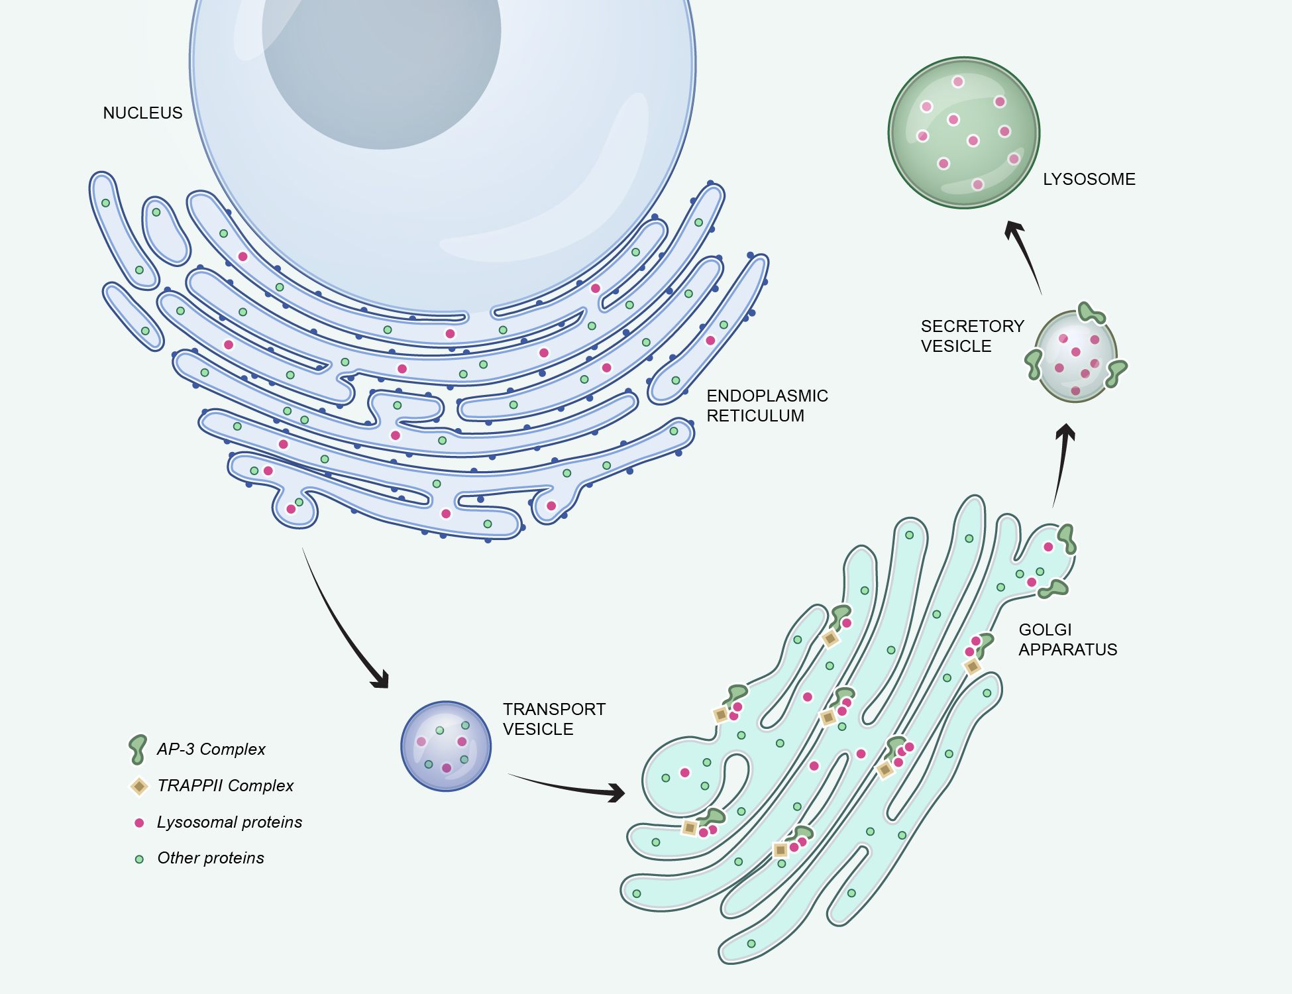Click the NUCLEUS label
pos(142,113)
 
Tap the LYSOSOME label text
pos(1089,180)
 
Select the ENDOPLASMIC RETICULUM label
pos(767,406)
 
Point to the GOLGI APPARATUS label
pos(1067,639)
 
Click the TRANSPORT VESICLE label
pos(554,719)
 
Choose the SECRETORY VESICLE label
pos(972,336)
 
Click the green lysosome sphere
pos(963,133)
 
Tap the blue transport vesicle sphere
pos(446,746)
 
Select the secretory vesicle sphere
pos(1075,357)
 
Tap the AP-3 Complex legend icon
pos(138,749)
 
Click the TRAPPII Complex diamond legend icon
pos(139,787)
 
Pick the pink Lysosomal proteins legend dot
pos(139,823)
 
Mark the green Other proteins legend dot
pos(139,859)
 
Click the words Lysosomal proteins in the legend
pos(229,822)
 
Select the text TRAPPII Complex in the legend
pos(225,786)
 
